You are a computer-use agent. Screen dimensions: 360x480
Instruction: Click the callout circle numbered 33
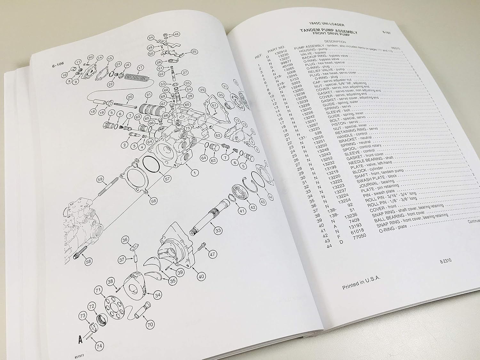218,229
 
